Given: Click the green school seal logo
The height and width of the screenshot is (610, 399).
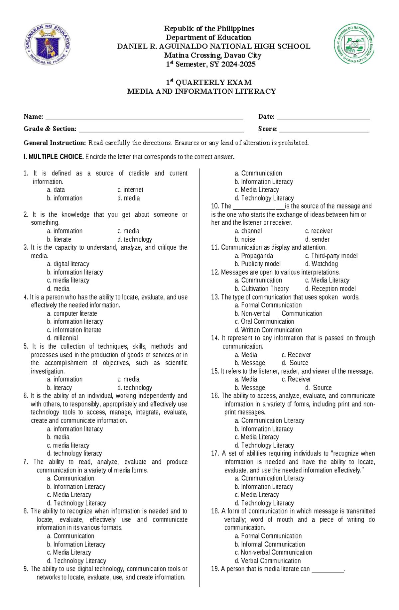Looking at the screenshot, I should click(x=354, y=44).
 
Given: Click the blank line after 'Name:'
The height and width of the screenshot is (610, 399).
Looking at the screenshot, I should click(x=144, y=117).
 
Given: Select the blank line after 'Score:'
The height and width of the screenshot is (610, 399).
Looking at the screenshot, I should click(x=324, y=129).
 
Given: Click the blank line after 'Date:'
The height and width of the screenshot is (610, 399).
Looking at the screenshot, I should click(x=323, y=117).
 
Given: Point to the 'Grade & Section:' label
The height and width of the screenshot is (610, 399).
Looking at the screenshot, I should click(x=50, y=129).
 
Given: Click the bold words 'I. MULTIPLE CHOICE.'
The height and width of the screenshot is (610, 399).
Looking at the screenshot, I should click(x=53, y=157).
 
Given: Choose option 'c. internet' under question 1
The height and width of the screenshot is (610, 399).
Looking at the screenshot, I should click(x=130, y=190).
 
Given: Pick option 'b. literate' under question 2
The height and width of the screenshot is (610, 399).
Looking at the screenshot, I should click(x=59, y=239).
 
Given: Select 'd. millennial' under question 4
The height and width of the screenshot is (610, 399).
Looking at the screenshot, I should click(x=62, y=338).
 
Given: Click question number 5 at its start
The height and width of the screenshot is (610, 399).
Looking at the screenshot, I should click(x=26, y=346).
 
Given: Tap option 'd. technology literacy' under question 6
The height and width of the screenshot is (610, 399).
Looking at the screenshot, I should click(x=74, y=453).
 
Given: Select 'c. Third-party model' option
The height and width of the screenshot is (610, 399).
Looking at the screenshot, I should click(x=331, y=256).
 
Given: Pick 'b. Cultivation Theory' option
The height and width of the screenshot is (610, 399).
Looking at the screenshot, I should click(x=261, y=289).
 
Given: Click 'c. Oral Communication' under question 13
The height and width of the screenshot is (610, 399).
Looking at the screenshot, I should click(x=264, y=322).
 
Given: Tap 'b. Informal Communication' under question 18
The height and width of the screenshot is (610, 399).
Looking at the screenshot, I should click(x=269, y=545).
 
